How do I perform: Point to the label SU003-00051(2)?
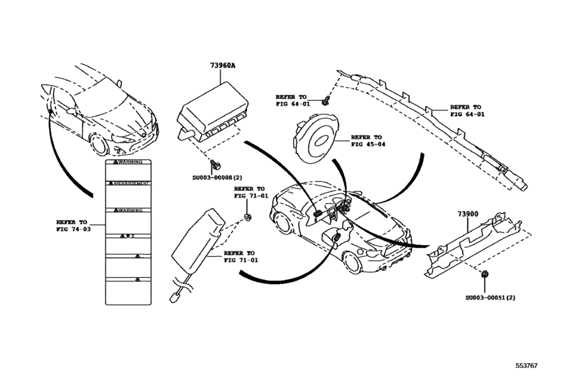(491, 298)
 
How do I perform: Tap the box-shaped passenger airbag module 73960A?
(213, 115)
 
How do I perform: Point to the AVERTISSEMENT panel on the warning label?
(128, 183)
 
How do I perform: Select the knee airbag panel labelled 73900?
(475, 241)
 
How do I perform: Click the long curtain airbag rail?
(447, 133)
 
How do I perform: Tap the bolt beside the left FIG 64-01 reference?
(326, 101)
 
